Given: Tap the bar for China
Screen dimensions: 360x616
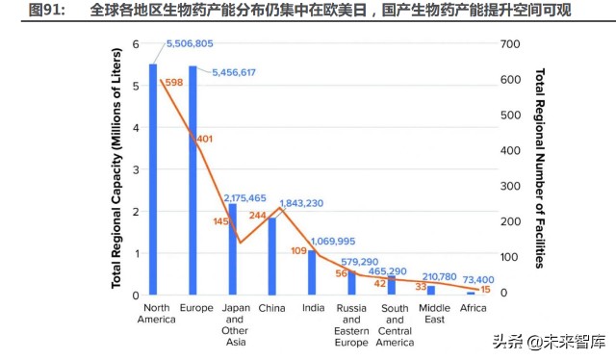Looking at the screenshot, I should point(272,256).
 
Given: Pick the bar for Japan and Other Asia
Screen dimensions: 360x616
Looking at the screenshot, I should point(232,249).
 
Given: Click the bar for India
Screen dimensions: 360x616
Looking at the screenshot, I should point(312,272).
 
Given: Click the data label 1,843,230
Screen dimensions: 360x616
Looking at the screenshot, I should point(301,203).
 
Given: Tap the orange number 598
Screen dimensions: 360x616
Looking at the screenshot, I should point(173,83).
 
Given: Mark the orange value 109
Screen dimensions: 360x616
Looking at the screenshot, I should point(299,251).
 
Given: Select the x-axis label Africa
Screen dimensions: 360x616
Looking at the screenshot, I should point(473,307).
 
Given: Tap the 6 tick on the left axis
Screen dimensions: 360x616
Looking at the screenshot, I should point(136,44).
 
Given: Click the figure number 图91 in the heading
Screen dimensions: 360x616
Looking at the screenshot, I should point(43,12).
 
